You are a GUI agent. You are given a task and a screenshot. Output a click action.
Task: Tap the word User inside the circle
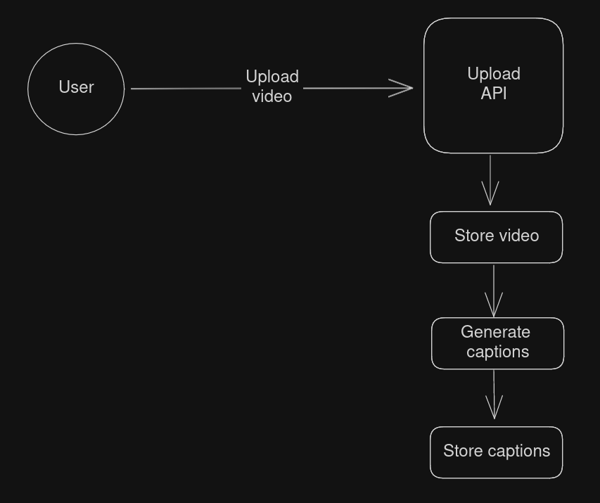coord(76,87)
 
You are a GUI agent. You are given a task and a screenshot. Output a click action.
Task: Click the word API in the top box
coord(494,94)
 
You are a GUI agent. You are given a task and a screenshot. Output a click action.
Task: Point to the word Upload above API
coord(494,74)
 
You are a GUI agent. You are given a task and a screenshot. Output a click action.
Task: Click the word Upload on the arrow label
coord(272,77)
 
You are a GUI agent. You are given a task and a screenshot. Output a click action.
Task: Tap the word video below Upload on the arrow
coord(272,96)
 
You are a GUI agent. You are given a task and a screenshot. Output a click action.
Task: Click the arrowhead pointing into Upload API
coord(404,88)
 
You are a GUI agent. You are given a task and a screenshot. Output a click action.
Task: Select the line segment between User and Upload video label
coord(186,89)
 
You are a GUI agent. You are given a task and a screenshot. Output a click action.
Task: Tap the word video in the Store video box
coord(519,236)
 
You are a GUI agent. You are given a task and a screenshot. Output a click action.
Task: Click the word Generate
coord(495,332)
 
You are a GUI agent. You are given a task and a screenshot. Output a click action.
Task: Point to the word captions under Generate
coord(497,352)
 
